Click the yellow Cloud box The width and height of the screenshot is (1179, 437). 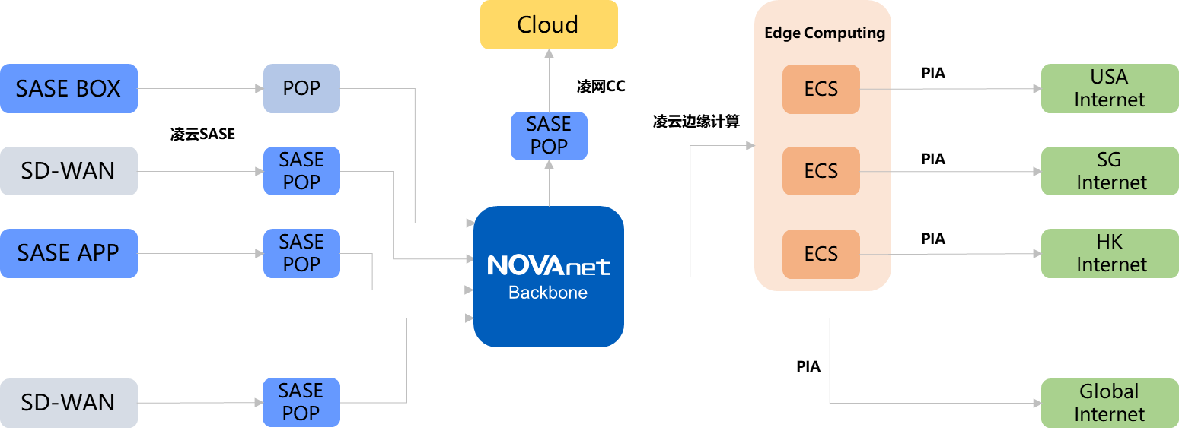[548, 25]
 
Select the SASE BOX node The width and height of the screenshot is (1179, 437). [69, 89]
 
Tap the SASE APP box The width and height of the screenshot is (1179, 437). [69, 253]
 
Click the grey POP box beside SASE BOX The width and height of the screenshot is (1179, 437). [301, 89]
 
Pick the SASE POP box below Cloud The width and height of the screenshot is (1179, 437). [549, 135]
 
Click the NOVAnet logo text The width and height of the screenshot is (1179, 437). [548, 266]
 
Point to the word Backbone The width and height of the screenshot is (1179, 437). [548, 293]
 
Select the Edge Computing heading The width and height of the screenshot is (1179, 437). [824, 33]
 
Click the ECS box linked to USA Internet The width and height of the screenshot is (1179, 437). [821, 89]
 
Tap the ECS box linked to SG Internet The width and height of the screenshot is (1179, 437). [821, 171]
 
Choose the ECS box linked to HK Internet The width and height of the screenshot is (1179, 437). [821, 253]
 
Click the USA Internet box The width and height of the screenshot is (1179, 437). [1109, 89]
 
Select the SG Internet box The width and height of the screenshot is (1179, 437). [1109, 171]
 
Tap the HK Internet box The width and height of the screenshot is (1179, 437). [1109, 253]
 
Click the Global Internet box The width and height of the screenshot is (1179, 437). [1109, 403]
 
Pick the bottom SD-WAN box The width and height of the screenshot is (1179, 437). [69, 403]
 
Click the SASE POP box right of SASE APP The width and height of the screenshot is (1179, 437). [301, 253]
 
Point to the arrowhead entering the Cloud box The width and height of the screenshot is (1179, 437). [548, 54]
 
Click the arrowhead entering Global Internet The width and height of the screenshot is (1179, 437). [1036, 403]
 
